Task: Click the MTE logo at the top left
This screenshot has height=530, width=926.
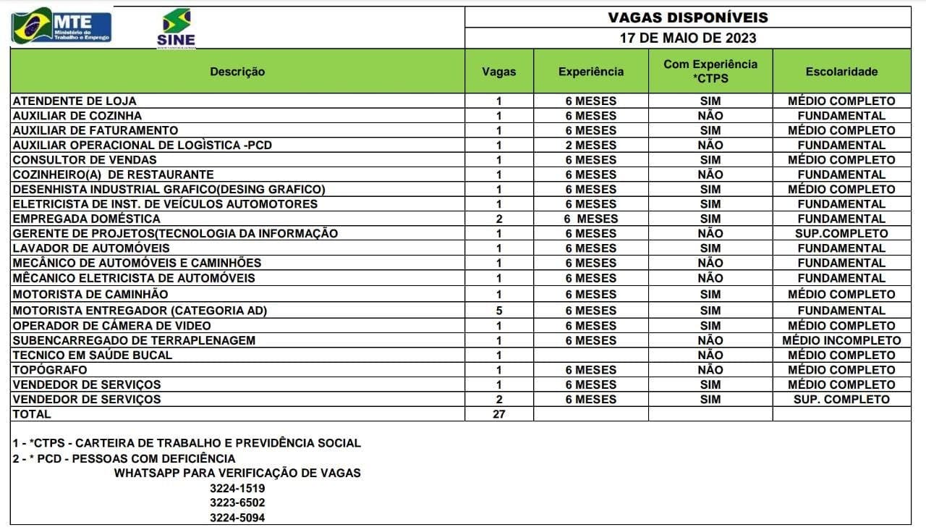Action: tap(61, 26)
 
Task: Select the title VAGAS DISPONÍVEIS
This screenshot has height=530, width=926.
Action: tap(687, 17)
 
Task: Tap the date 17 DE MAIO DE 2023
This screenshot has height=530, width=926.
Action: tap(687, 38)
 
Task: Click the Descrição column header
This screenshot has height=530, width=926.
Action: tap(237, 72)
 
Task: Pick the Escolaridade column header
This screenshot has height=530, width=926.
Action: tap(841, 72)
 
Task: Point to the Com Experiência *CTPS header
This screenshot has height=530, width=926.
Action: tap(710, 71)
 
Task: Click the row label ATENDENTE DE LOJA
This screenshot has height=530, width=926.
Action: tap(75, 101)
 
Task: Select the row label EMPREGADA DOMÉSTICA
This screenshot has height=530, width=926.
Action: tap(86, 219)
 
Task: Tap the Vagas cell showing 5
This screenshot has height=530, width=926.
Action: tap(498, 311)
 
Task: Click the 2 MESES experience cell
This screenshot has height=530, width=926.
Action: tap(591, 145)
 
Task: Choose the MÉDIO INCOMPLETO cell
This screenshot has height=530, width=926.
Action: tap(841, 340)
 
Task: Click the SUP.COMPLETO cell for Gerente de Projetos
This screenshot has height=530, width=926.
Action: tap(841, 234)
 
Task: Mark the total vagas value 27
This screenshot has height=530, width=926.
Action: tap(498, 414)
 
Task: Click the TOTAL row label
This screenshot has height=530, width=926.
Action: tap(32, 414)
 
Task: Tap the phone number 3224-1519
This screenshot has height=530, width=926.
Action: tap(237, 488)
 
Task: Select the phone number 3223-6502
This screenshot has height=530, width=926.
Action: tap(237, 502)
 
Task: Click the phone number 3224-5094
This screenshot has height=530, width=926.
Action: tap(237, 518)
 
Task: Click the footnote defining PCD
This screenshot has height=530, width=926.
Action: tap(124, 458)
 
